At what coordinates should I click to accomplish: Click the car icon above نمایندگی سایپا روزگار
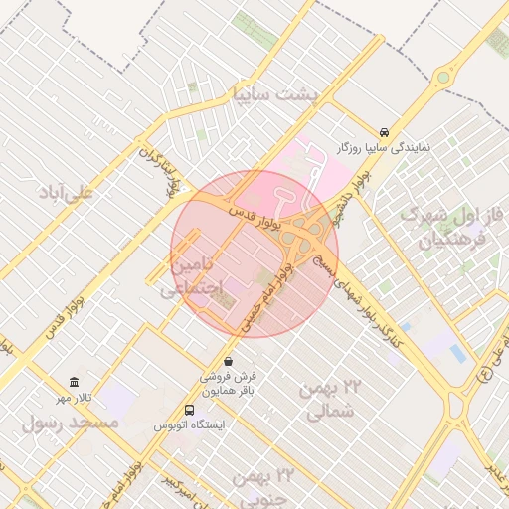(x=385, y=132)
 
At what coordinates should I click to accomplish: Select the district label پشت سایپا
(x=271, y=94)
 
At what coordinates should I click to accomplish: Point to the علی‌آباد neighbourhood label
(x=65, y=191)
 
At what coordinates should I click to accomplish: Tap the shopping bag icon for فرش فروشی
(x=230, y=361)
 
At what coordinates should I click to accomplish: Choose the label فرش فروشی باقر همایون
(x=229, y=384)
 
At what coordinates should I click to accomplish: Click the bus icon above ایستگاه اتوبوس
(x=190, y=410)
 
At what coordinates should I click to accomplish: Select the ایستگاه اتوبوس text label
(x=190, y=424)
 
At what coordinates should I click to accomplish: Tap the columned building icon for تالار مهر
(x=75, y=383)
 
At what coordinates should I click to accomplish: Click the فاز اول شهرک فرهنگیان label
(x=443, y=227)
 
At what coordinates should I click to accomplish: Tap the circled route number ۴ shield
(x=485, y=375)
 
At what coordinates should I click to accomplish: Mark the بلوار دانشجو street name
(x=358, y=187)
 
